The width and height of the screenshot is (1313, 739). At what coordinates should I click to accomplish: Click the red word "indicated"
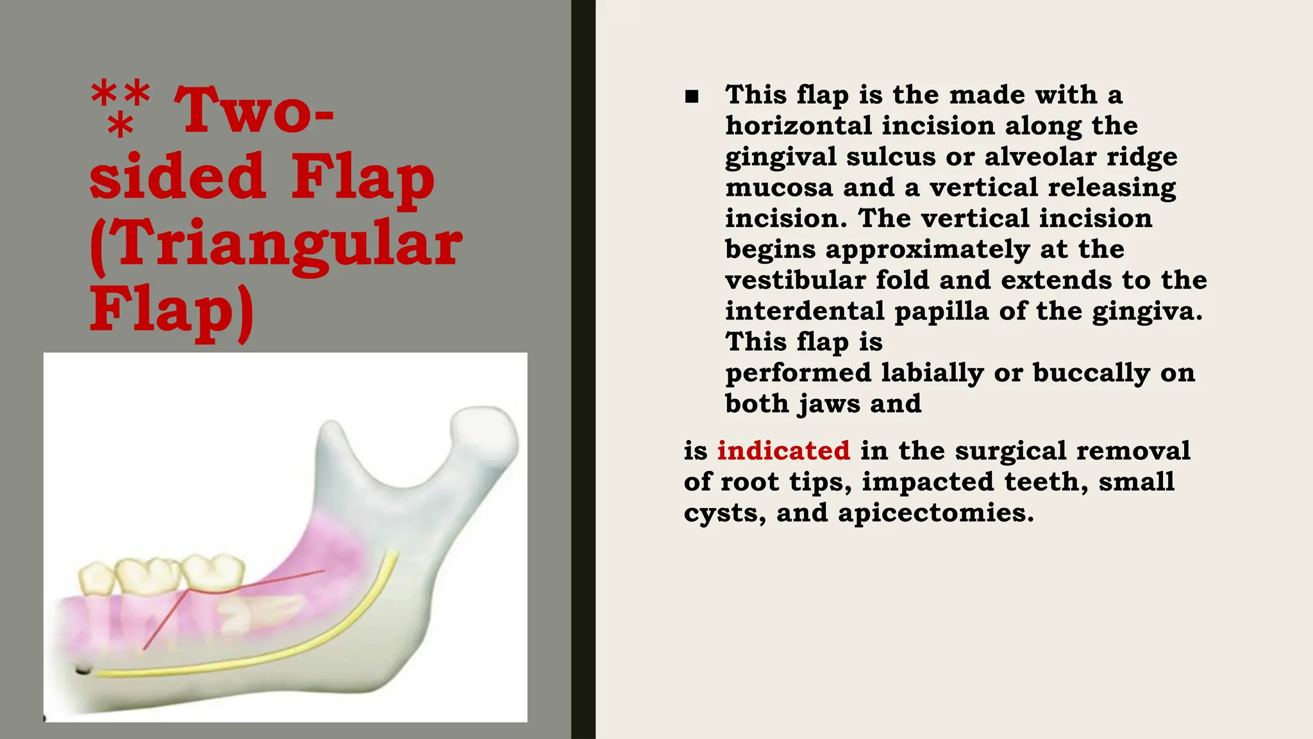(783, 450)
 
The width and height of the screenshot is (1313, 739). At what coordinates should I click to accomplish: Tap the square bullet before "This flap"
(691, 97)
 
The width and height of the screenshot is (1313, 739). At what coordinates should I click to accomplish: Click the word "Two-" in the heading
(254, 110)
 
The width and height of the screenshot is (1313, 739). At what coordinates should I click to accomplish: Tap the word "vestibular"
(795, 280)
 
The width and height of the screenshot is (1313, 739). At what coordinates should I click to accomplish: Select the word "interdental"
(805, 311)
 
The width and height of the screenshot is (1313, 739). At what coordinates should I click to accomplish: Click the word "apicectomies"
(935, 513)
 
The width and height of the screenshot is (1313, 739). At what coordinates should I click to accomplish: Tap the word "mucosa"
(778, 187)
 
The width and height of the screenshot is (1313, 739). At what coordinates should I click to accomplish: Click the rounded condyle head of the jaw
(485, 431)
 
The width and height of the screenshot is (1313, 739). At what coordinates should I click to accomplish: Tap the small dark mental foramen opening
(83, 670)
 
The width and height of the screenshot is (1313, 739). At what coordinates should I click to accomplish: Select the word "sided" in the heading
(177, 176)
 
